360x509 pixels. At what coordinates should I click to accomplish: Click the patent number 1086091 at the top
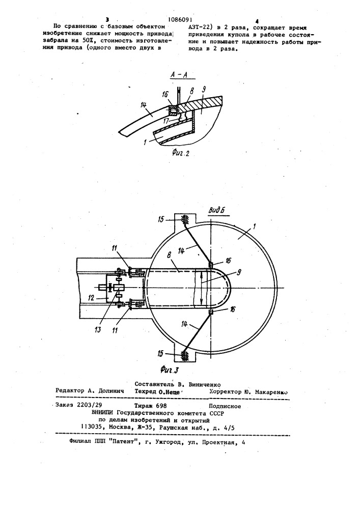[x=182, y=20]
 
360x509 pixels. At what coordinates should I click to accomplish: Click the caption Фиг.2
[x=180, y=153]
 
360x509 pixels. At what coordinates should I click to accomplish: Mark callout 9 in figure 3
[x=239, y=273]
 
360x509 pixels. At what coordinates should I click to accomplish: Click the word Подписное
[x=225, y=406]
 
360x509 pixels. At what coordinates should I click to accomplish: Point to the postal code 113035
[x=92, y=428]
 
